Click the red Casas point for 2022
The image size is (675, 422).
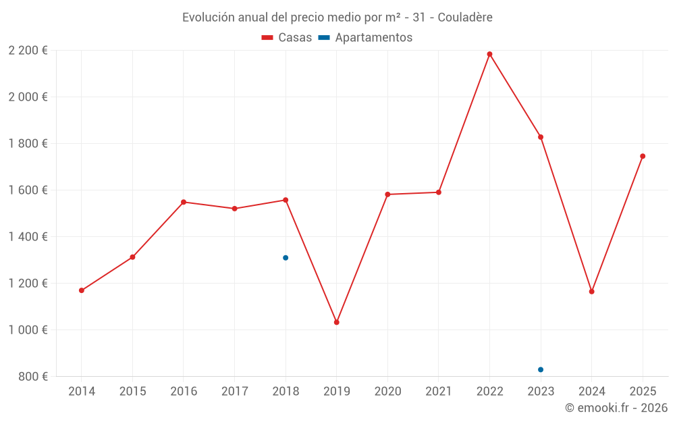point(489,54)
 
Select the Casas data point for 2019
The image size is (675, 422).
point(337,322)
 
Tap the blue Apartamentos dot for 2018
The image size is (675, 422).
point(286,258)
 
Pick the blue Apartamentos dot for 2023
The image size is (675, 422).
point(541,369)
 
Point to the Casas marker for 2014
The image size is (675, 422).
point(82,290)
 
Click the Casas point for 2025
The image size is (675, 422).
point(643,156)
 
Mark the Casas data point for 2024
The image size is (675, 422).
point(591,292)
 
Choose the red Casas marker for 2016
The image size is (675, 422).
point(184,202)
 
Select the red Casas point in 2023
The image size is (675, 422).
point(541,137)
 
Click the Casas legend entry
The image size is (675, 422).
point(287,38)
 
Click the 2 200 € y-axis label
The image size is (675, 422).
point(28,51)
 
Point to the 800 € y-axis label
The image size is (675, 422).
point(33,377)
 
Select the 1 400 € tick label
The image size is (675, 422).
point(28,237)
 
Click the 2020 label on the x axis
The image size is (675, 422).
point(387,392)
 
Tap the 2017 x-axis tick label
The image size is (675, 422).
point(234,392)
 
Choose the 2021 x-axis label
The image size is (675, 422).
point(439,392)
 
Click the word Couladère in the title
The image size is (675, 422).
point(465,17)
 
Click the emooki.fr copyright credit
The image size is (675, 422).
point(616,408)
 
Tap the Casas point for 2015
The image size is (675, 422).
point(132,257)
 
